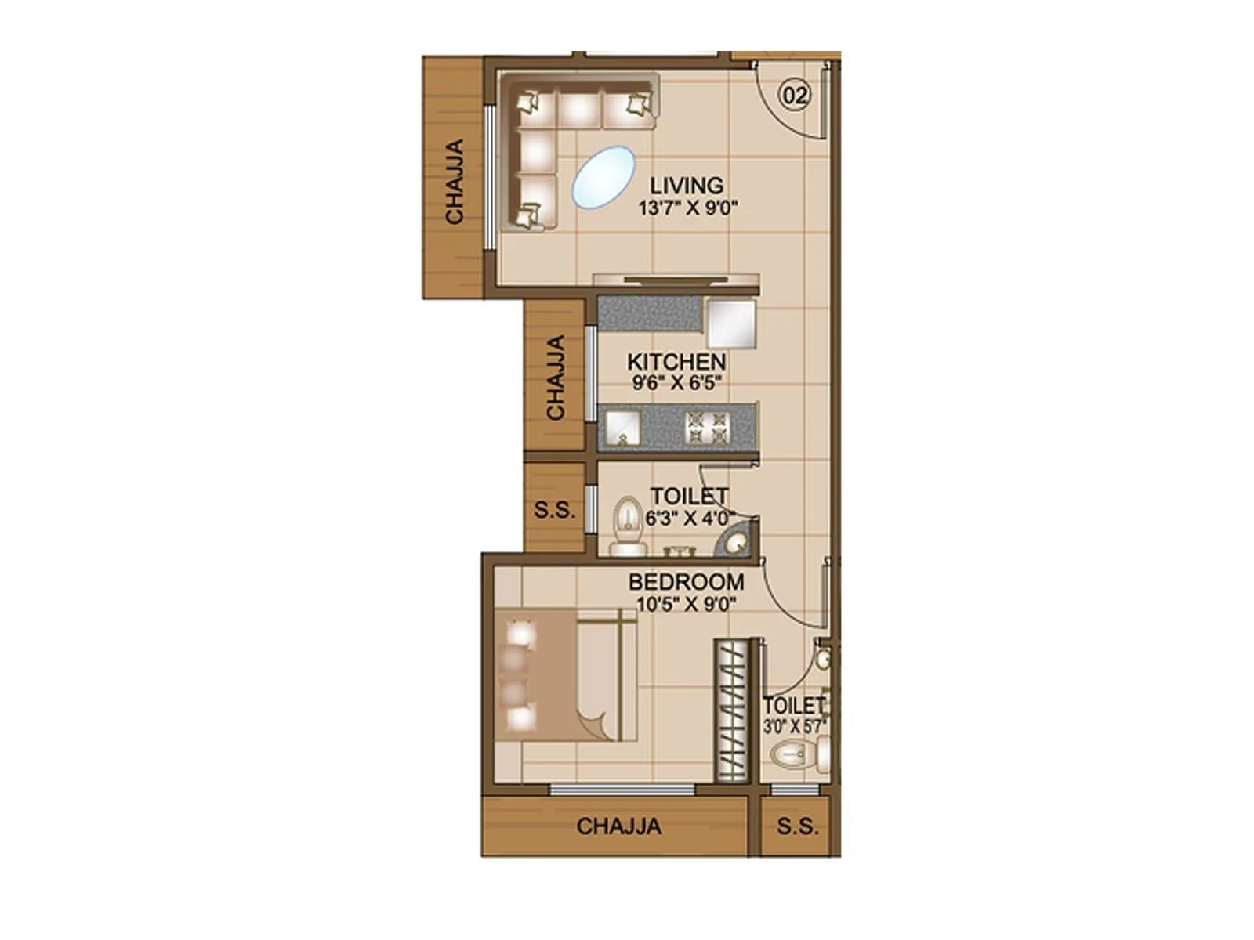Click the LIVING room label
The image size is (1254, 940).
(687, 186)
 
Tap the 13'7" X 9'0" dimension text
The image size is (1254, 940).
(688, 208)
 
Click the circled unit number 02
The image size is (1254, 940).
(794, 96)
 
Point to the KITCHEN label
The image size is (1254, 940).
(676, 362)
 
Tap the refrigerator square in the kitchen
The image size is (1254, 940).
(731, 323)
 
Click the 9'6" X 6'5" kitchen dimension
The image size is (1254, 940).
(676, 383)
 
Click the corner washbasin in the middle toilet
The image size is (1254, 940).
(737, 541)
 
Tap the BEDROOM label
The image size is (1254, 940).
(686, 583)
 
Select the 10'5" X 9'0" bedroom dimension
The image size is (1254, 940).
(687, 604)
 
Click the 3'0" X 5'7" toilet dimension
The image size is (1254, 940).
(795, 726)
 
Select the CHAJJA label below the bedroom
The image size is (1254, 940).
(618, 826)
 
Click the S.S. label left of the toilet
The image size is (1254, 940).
(555, 510)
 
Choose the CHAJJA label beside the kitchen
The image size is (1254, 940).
(556, 378)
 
